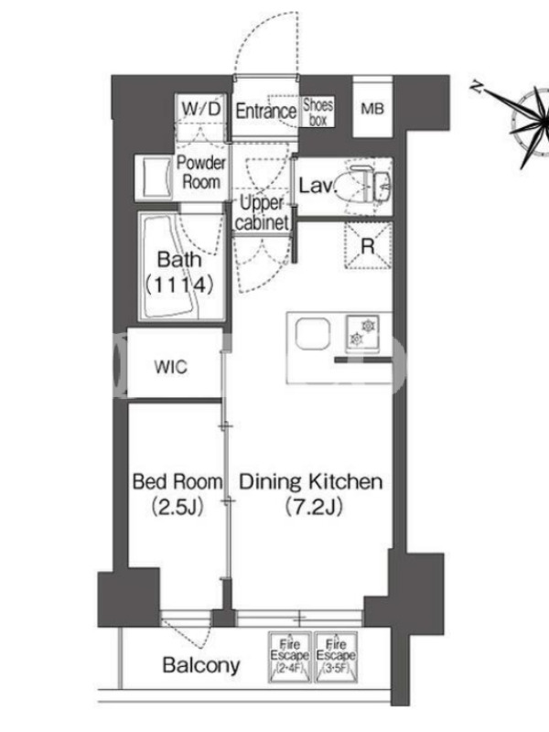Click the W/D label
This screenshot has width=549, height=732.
coord(200,109)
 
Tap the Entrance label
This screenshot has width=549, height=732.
coord(265,111)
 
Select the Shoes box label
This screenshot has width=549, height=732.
coord(318,112)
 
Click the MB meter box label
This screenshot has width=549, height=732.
coord(372,109)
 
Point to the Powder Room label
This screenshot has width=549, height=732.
coord(200,172)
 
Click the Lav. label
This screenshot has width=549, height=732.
coord(317,186)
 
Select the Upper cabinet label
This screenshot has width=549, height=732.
coord(262,213)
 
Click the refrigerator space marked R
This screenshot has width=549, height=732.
coord(368,245)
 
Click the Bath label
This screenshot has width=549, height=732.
coord(179,260)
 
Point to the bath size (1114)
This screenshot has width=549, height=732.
coord(179,285)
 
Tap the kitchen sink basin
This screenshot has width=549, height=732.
coord(313,334)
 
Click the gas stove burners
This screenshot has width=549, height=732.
coord(362,333)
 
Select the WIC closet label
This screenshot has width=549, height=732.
coord(171,367)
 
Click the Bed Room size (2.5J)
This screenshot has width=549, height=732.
coord(178,507)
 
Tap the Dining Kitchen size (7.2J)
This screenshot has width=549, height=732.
coord(313,507)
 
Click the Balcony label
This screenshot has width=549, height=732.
coord(201,665)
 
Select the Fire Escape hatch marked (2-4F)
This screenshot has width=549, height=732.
coord(290,657)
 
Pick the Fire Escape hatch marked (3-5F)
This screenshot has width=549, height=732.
coord(336,657)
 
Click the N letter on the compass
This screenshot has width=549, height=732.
coord(477,87)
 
